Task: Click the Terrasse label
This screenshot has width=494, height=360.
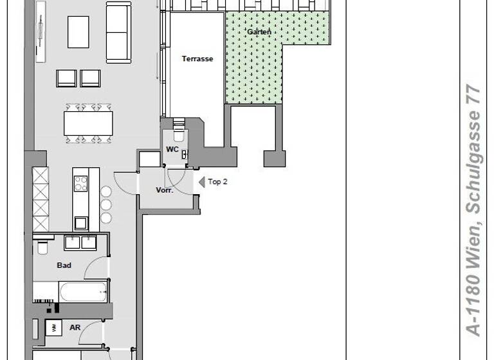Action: pos(197,59)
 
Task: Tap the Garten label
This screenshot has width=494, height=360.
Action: pos(259,32)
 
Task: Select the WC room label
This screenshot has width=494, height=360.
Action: pos(172,149)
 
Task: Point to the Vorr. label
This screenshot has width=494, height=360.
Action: pos(165,190)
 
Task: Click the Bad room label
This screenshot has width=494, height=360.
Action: pos(64,265)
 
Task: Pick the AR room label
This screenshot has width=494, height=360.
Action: pos(75,327)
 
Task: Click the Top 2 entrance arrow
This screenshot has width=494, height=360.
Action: pos(201,182)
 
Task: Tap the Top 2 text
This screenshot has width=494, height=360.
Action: pos(217,182)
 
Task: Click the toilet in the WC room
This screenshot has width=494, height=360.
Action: pos(179,136)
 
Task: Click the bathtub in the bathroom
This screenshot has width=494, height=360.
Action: pos(83,292)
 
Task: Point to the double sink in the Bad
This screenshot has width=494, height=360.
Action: pos(80,242)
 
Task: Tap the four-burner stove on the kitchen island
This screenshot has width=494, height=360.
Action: pos(81,184)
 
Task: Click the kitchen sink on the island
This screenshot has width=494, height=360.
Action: pos(81,223)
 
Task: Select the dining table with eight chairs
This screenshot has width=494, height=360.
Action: pos(88,123)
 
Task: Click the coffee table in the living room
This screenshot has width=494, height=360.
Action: pos(78,32)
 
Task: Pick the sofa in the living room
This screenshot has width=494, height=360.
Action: pos(118,32)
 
